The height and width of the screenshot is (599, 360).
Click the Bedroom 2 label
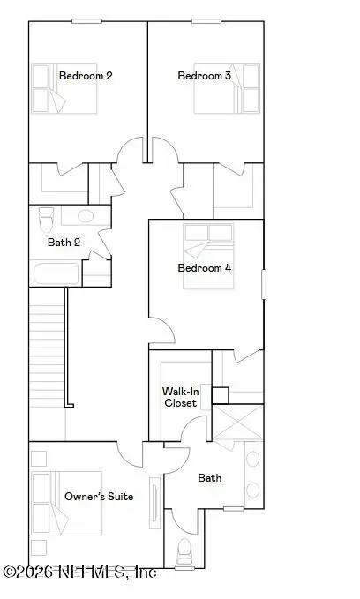(86, 76)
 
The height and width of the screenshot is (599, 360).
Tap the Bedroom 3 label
(205, 76)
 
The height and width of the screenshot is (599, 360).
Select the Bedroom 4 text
(205, 268)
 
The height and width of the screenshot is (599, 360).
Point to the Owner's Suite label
(99, 497)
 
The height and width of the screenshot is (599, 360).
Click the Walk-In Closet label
(180, 397)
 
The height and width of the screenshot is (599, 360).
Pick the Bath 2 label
(64, 243)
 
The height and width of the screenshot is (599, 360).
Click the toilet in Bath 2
(46, 220)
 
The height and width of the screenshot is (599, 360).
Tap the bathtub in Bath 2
(56, 273)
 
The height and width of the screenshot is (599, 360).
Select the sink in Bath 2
(86, 216)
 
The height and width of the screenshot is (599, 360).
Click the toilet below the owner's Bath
(184, 551)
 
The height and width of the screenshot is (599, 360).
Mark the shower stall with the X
(237, 423)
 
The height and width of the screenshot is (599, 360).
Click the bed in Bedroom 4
(208, 256)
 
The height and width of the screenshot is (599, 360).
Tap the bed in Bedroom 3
(227, 88)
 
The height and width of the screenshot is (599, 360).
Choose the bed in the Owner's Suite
(67, 503)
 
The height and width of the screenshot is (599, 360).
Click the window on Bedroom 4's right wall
(263, 284)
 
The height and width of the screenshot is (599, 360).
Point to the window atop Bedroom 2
(86, 21)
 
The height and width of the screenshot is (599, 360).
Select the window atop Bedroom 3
(206, 21)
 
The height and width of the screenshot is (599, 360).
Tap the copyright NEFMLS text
(80, 572)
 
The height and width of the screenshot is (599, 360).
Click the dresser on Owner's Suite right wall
(155, 503)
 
